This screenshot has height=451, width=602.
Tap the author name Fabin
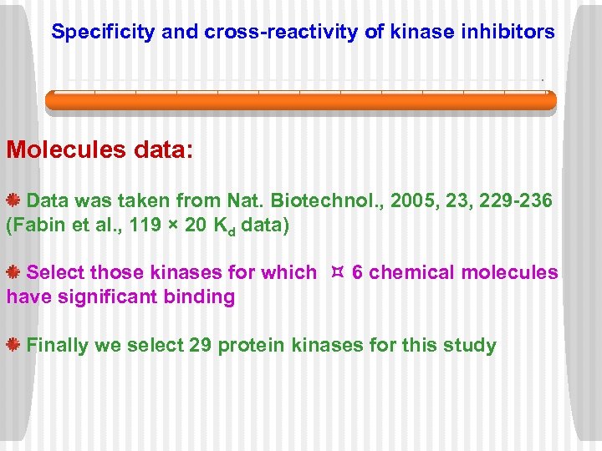(37, 225)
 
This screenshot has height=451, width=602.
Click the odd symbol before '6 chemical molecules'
(338, 272)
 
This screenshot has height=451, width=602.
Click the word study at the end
(472, 346)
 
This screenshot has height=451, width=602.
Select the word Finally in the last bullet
(58, 346)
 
